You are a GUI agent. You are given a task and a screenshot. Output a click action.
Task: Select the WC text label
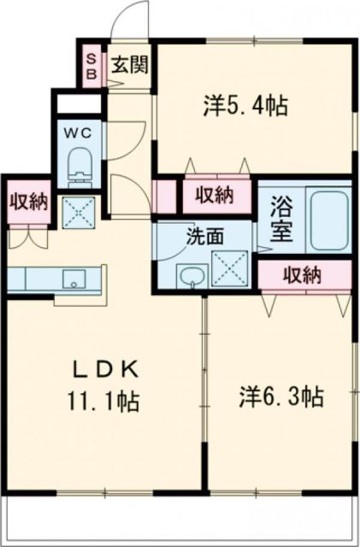79,132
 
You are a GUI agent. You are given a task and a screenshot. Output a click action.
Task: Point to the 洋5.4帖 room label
245,106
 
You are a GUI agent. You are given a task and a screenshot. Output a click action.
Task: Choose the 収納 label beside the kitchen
28,202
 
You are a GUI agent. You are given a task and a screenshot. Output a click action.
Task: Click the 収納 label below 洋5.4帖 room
214,195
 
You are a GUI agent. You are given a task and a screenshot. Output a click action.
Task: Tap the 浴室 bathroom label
280,219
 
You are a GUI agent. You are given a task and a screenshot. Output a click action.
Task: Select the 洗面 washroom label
205,236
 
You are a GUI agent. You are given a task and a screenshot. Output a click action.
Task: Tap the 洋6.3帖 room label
280,397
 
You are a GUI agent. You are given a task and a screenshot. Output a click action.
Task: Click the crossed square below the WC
79,210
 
